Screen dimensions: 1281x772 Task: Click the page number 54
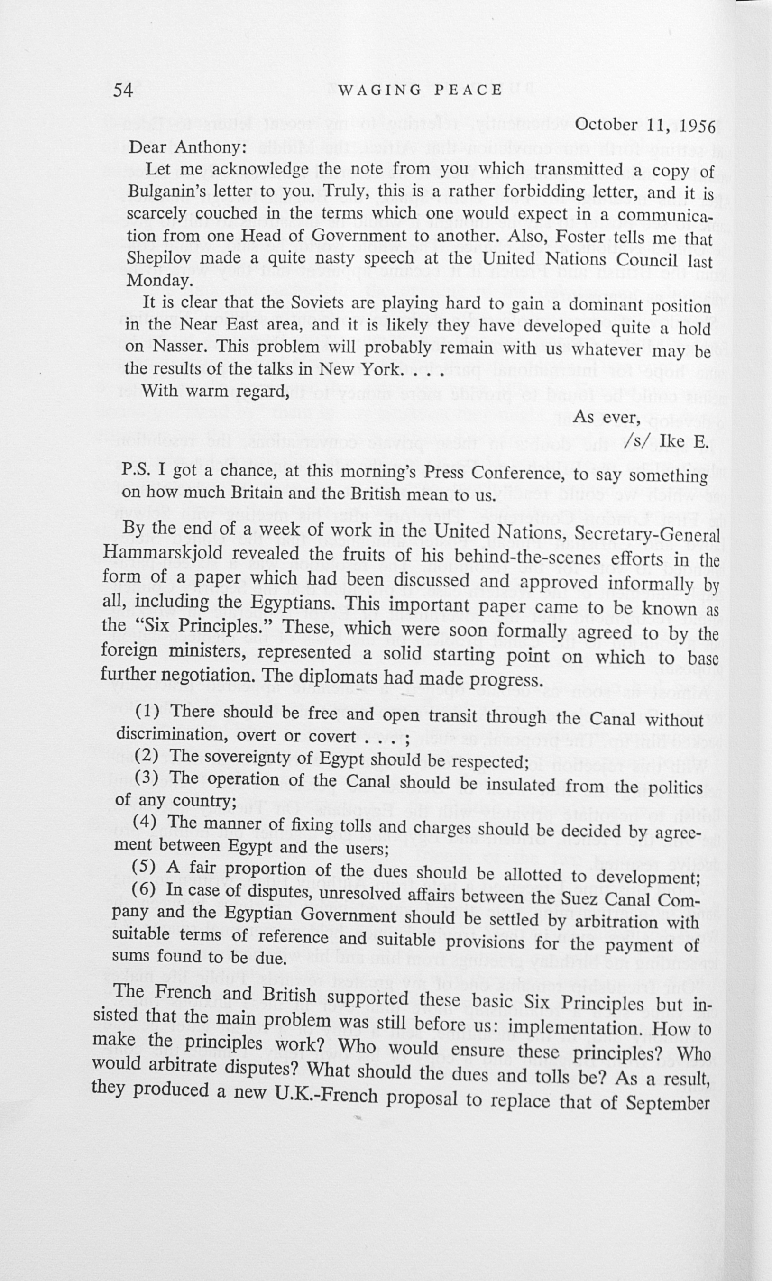point(123,91)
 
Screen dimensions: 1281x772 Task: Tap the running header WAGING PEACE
point(420,90)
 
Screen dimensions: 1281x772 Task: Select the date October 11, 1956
point(644,126)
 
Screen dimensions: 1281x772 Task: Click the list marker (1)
point(147,711)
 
